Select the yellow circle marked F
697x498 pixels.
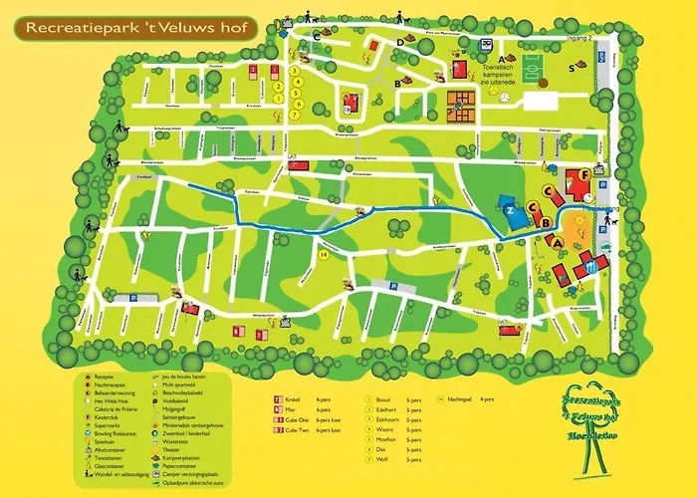point(584,176)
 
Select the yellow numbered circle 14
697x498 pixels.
point(324,254)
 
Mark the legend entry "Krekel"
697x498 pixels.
point(291,397)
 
